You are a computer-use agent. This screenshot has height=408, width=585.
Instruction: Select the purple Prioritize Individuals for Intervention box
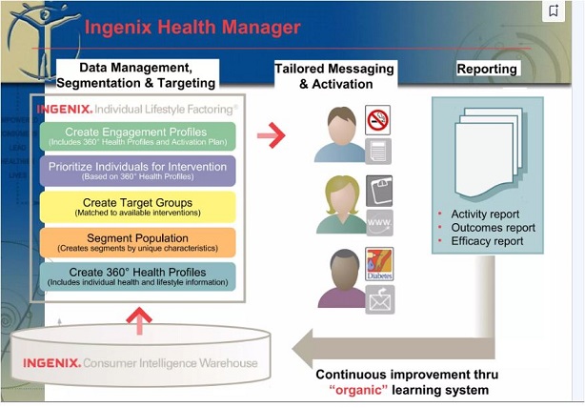(x=137, y=171)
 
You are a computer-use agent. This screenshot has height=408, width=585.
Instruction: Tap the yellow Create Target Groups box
(x=137, y=206)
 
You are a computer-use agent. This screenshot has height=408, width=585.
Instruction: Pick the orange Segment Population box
(x=137, y=241)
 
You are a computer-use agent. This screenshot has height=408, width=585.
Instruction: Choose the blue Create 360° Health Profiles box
(x=137, y=275)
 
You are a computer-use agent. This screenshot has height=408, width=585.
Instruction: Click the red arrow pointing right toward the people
(x=272, y=136)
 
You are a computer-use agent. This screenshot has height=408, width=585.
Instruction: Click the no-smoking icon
(x=378, y=119)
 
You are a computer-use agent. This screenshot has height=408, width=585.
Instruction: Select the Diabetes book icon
(x=379, y=264)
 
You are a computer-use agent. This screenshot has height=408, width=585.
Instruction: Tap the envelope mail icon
(x=379, y=298)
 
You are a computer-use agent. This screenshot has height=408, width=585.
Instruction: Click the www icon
(x=379, y=223)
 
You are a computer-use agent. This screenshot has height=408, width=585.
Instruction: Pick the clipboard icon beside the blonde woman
(x=379, y=189)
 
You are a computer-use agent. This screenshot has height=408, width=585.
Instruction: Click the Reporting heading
(x=487, y=70)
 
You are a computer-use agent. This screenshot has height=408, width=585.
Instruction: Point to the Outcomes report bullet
(x=493, y=228)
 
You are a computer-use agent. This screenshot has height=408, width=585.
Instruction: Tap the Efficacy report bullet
(x=487, y=241)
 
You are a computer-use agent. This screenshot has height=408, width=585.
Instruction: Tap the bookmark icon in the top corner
(x=555, y=11)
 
